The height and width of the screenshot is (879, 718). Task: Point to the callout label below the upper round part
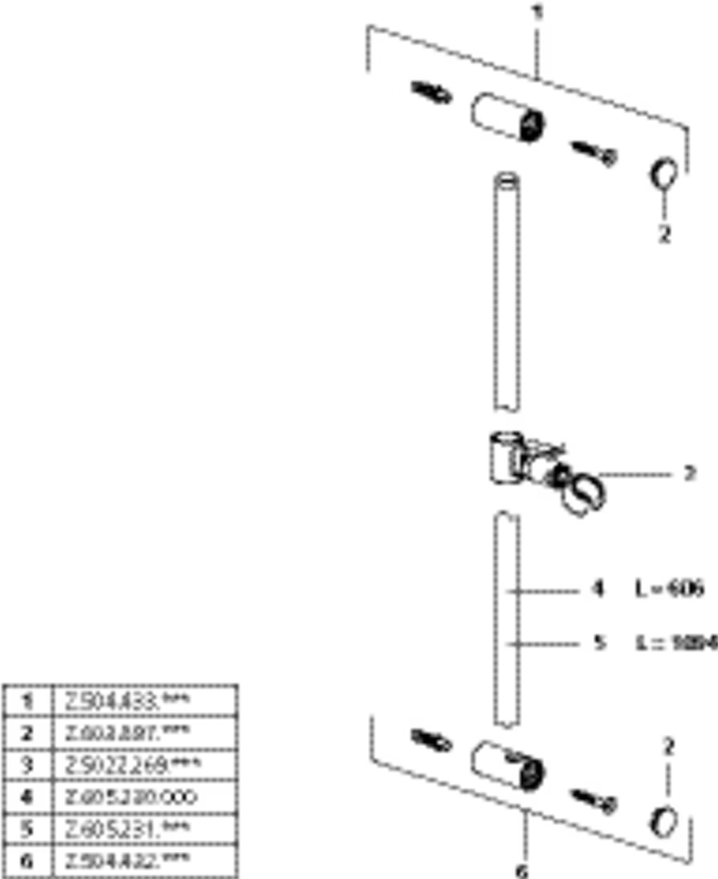pos(664,234)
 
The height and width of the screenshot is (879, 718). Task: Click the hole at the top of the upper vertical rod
pos(507,183)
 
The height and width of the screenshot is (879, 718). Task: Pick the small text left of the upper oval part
pos(432,93)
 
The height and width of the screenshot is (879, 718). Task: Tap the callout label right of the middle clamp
pos(690,473)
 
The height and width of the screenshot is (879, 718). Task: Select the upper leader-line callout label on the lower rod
pos(600,592)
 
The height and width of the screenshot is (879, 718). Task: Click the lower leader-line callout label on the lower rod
pos(601,642)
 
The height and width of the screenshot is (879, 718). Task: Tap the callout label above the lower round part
pos(669,746)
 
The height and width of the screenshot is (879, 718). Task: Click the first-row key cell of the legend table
pos(25,700)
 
